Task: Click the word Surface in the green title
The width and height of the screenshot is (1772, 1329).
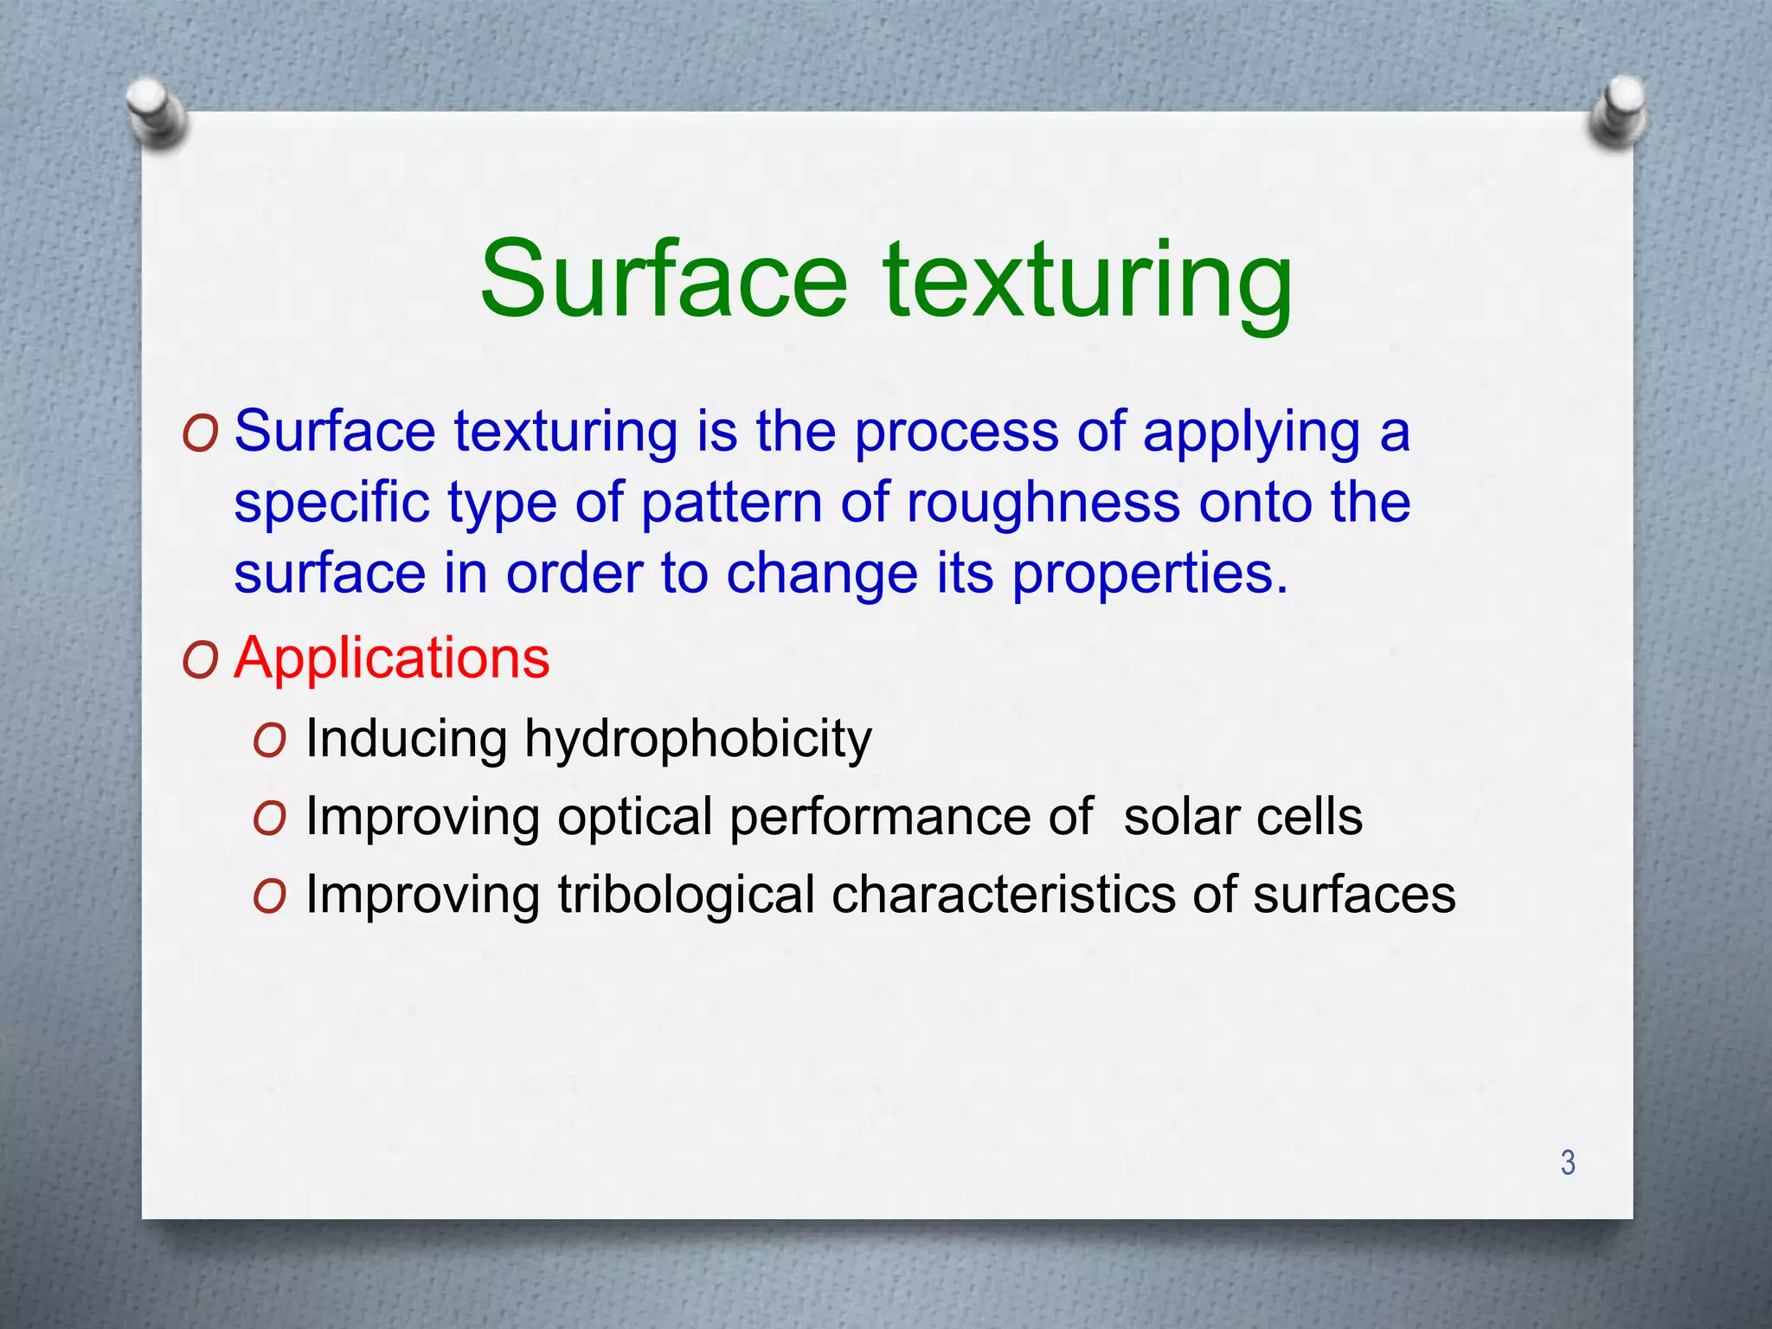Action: (x=664, y=280)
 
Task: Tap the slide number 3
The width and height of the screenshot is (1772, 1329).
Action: (x=1568, y=1162)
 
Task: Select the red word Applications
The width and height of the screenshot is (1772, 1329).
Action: (x=392, y=658)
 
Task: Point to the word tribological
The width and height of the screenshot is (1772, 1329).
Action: (x=685, y=894)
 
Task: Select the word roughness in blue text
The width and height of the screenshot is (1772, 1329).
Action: (x=1043, y=504)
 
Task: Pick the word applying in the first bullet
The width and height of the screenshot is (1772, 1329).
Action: (x=1251, y=433)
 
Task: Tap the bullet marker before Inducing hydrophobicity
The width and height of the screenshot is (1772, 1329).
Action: (x=270, y=742)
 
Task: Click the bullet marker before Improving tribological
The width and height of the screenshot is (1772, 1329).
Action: (x=270, y=897)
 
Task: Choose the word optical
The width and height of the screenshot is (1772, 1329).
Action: (x=635, y=819)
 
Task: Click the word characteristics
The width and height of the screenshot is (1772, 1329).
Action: (x=1003, y=894)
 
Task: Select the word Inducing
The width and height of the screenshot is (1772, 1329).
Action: (x=407, y=741)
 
